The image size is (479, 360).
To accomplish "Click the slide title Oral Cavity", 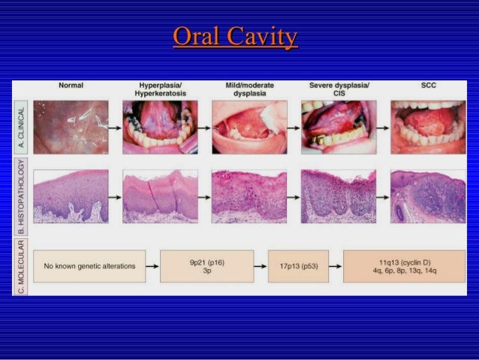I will pyautogui.click(x=235, y=37).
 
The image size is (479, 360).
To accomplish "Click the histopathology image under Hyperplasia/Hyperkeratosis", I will pyautogui.click(x=160, y=195).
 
